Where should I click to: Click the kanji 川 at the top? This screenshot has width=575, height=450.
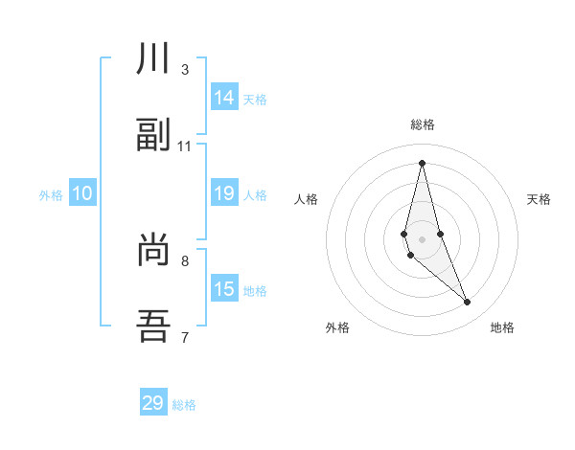click(x=154, y=59)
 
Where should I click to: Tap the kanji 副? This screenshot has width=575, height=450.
click(x=154, y=135)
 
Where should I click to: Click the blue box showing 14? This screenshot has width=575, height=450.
click(x=224, y=97)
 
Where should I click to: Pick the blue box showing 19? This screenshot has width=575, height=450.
click(x=224, y=193)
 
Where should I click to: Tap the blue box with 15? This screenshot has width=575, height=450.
click(x=224, y=289)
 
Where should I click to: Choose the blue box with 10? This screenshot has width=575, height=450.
click(x=82, y=193)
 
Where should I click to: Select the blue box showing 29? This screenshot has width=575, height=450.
click(x=153, y=403)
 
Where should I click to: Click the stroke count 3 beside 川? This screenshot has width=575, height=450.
click(x=185, y=70)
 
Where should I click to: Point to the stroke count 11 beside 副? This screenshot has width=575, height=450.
click(x=185, y=146)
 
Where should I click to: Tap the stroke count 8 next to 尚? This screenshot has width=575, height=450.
click(x=185, y=260)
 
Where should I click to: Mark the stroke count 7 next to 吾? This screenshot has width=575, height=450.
click(x=185, y=337)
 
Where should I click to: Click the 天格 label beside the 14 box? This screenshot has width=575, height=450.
click(x=255, y=99)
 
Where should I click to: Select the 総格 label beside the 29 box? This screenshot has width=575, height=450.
click(x=184, y=405)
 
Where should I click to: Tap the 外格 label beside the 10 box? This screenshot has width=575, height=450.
click(x=51, y=195)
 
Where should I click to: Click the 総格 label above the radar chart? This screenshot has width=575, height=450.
click(x=423, y=125)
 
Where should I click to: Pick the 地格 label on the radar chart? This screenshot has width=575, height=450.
click(x=502, y=327)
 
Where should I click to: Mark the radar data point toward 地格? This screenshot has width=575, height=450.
click(x=468, y=303)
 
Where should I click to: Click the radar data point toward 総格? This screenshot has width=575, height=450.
click(x=422, y=163)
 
